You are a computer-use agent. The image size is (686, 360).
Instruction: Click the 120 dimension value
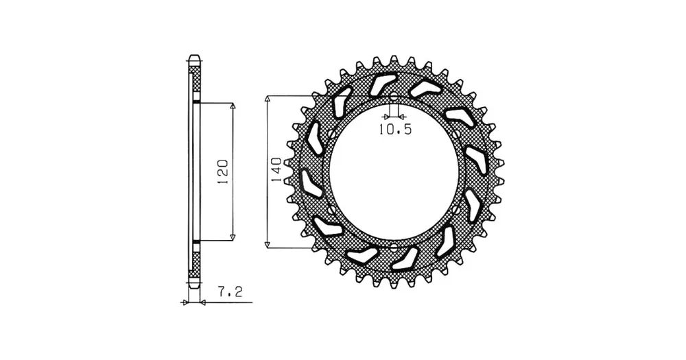223,172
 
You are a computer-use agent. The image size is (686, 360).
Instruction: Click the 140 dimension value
276,170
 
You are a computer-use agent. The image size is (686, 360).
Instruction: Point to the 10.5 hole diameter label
395,130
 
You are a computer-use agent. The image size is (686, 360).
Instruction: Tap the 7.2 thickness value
230,291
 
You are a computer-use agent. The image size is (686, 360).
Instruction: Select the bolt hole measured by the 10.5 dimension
394,97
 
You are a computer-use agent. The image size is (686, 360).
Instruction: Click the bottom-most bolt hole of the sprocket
394,248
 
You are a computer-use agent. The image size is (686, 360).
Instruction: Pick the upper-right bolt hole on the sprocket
456,132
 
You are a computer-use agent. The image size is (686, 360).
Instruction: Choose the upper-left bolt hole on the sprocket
331,132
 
